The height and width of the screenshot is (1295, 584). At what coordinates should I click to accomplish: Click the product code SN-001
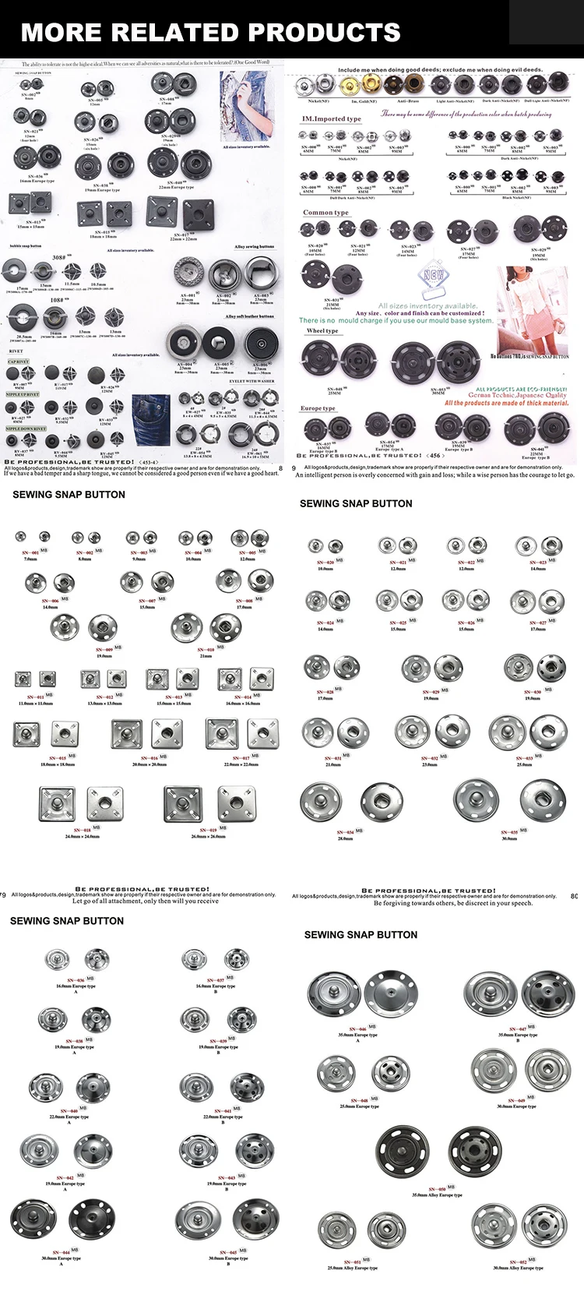point(30,551)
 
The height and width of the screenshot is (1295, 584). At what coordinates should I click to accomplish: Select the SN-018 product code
point(82,831)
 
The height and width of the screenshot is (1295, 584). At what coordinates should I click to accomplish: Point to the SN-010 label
point(206,649)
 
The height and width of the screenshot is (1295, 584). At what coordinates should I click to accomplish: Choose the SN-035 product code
point(508,833)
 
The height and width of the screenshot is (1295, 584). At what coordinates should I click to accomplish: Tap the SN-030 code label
point(533,692)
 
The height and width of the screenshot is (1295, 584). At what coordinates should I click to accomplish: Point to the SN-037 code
point(216,980)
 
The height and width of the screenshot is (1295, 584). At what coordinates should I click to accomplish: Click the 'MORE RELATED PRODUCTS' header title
point(211,32)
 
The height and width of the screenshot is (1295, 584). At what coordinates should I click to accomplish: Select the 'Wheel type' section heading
point(322,331)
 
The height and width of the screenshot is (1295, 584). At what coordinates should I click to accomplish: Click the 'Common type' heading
point(325,213)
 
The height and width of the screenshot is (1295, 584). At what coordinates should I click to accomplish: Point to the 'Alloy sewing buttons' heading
point(255,247)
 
